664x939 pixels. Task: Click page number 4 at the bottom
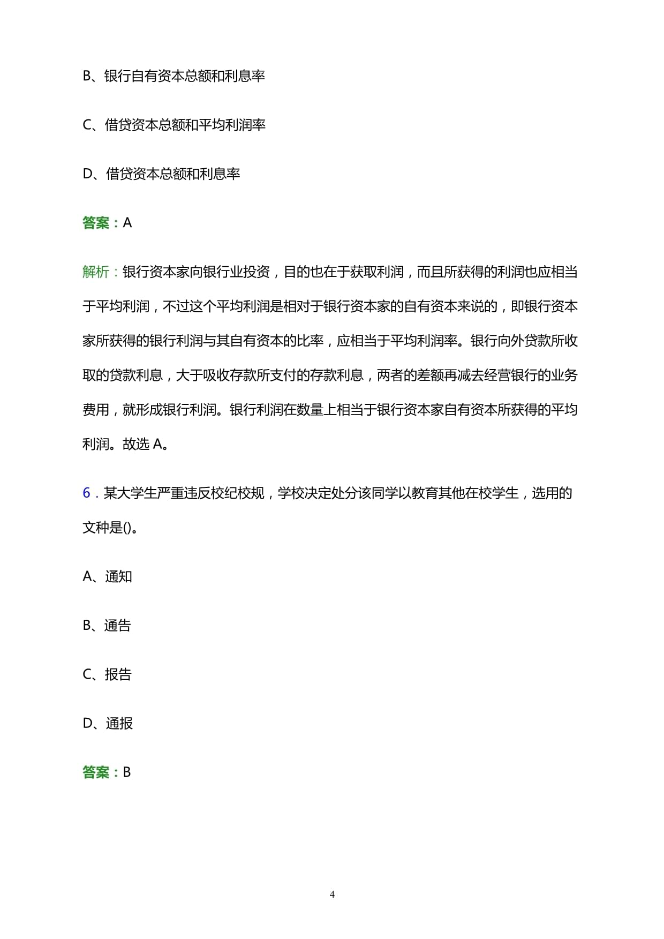pos(332,894)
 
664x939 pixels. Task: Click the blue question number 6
pos(86,493)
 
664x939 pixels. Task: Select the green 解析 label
pos(96,272)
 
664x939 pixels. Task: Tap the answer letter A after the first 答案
pos(127,223)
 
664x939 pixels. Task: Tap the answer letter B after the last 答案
pos(127,772)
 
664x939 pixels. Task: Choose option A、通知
pos(107,576)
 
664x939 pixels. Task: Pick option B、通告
pos(107,625)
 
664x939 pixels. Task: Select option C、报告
pos(107,674)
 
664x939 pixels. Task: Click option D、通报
pos(108,723)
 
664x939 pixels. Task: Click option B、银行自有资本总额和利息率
pos(173,76)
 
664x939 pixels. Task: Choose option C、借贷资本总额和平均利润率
pos(174,125)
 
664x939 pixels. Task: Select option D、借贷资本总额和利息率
pos(161,174)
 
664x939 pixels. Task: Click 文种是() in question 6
pos(107,528)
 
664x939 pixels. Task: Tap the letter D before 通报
pos(88,723)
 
